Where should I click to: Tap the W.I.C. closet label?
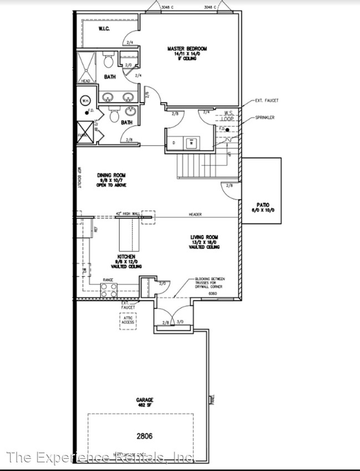coord(104,28)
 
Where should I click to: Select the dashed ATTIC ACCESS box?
coord(128,321)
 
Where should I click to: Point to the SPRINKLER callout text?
coord(265,118)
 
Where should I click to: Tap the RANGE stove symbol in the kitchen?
coord(108,288)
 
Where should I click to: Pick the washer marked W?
coord(192,142)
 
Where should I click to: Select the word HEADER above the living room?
coord(194,214)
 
